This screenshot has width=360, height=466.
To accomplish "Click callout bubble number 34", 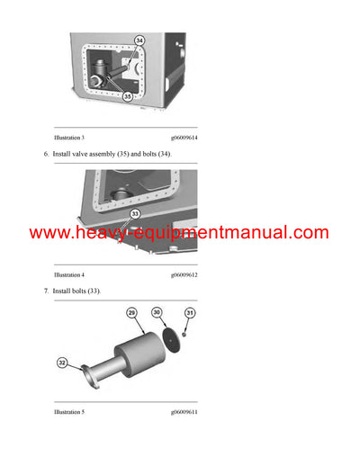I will (x=139, y=40).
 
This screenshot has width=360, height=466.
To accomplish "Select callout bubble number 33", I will (x=136, y=214).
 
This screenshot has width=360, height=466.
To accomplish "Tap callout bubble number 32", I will (x=62, y=363).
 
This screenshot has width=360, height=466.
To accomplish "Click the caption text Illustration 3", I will (x=69, y=137).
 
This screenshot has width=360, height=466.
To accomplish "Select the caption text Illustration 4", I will (x=69, y=274).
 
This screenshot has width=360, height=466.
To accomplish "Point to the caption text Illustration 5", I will (x=69, y=411).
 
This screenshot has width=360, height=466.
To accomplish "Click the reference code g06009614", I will (x=184, y=137).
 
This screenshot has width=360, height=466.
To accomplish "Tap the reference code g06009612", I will (x=184, y=274).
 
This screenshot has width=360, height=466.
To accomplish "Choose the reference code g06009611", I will (x=184, y=411).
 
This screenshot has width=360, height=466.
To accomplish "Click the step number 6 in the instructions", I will (x=46, y=155).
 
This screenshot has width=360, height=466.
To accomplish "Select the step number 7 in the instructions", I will (x=46, y=291).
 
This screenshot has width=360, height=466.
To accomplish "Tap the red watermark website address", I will (x=179, y=233).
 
